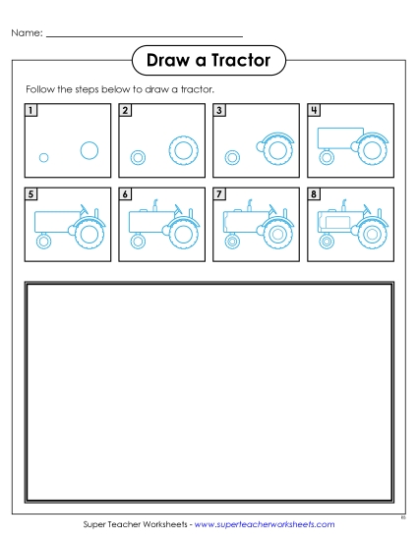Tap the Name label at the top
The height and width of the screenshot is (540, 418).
coord(27,33)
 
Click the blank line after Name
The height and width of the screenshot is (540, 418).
coord(144,35)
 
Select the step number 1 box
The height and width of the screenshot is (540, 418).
coord(32,110)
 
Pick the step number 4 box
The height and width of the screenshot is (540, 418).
coord(314,110)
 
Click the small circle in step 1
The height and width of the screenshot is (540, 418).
coord(43,157)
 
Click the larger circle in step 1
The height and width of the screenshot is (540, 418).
coord(89,150)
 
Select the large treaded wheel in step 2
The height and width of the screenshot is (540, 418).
coord(183,151)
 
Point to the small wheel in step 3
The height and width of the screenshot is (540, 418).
coord(231,156)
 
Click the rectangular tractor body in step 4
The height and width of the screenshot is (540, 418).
coord(337,137)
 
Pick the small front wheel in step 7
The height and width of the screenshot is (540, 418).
coord(232,241)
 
